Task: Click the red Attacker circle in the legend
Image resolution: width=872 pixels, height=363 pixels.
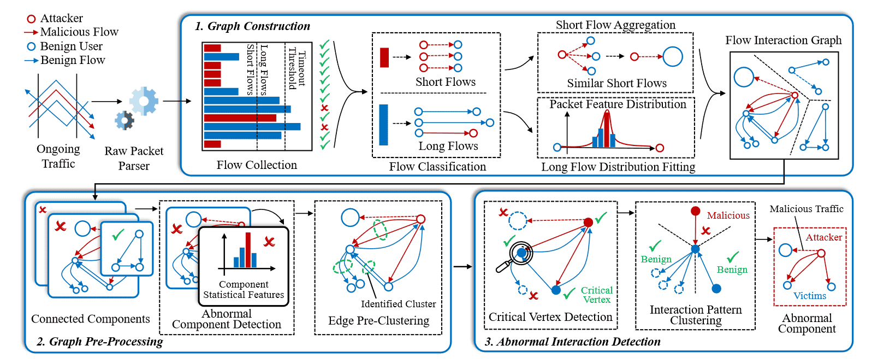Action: (32, 19)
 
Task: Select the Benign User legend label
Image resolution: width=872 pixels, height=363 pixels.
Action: (71, 46)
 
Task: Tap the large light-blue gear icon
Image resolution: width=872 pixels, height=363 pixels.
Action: (144, 101)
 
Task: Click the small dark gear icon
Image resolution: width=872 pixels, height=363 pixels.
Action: (124, 120)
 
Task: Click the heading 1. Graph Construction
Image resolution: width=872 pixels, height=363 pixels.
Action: (253, 26)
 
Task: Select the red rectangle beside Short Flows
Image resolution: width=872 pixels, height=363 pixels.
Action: (384, 57)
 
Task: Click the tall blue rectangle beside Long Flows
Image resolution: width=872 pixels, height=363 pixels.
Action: (384, 125)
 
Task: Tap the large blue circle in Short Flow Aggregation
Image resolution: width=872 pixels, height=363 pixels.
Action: (672, 56)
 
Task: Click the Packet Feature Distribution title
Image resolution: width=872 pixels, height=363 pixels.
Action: (618, 104)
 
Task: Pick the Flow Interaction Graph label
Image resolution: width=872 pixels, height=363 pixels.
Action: (783, 40)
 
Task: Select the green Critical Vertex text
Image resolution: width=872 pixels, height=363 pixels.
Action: (596, 295)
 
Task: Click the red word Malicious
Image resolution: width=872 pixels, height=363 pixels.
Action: (728, 215)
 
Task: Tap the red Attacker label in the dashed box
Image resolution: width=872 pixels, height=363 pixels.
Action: (823, 237)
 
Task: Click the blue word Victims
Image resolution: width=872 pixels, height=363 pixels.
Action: (809, 296)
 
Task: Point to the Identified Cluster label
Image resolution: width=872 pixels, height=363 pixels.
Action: (398, 304)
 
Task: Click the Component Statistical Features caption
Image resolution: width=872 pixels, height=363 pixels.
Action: (244, 289)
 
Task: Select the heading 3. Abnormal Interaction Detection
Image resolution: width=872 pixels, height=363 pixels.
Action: (573, 342)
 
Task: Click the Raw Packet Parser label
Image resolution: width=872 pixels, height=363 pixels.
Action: (134, 158)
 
